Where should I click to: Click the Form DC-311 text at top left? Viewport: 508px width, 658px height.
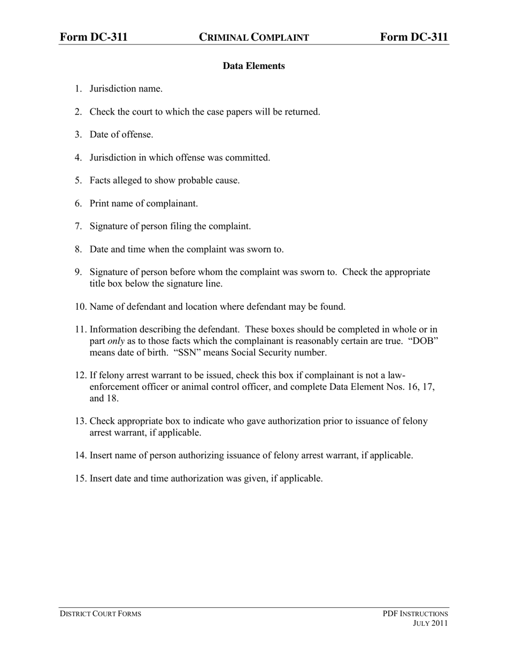click(x=94, y=37)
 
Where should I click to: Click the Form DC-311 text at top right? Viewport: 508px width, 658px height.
click(x=414, y=37)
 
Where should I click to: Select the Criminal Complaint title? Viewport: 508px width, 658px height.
click(x=254, y=37)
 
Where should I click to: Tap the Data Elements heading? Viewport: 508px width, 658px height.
click(x=253, y=66)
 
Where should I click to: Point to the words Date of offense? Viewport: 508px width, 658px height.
click(x=121, y=135)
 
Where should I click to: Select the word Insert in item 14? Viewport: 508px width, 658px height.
click(x=102, y=456)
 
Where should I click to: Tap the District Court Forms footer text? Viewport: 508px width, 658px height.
click(x=101, y=614)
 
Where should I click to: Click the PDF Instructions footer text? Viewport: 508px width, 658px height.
click(x=415, y=614)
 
